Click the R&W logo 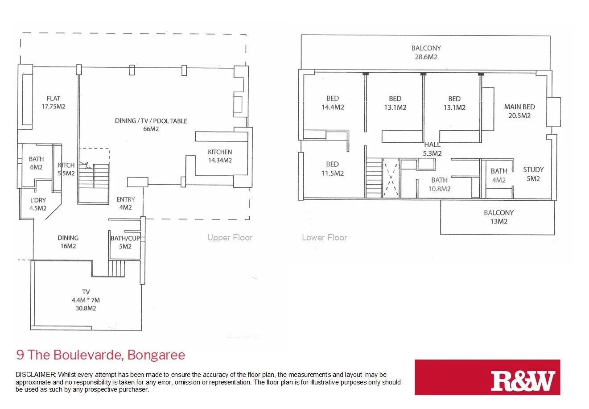click(x=523, y=380)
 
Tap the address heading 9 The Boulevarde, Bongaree click(x=101, y=355)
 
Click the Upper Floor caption click(x=230, y=238)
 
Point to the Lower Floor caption click(x=324, y=238)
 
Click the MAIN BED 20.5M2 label click(x=519, y=111)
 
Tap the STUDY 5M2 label click(x=533, y=174)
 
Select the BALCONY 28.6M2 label click(x=426, y=52)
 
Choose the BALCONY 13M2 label click(x=498, y=217)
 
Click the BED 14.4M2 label click(x=333, y=103)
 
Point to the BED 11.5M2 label click(x=332, y=169)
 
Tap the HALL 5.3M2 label click(x=432, y=149)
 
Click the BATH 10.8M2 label click(x=439, y=184)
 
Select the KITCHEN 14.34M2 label click(x=220, y=156)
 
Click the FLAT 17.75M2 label click(x=53, y=102)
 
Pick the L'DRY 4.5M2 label click(x=38, y=204)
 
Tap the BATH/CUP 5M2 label click(x=125, y=242)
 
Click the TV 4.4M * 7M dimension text click(x=86, y=300)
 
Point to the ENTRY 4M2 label click(x=125, y=203)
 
